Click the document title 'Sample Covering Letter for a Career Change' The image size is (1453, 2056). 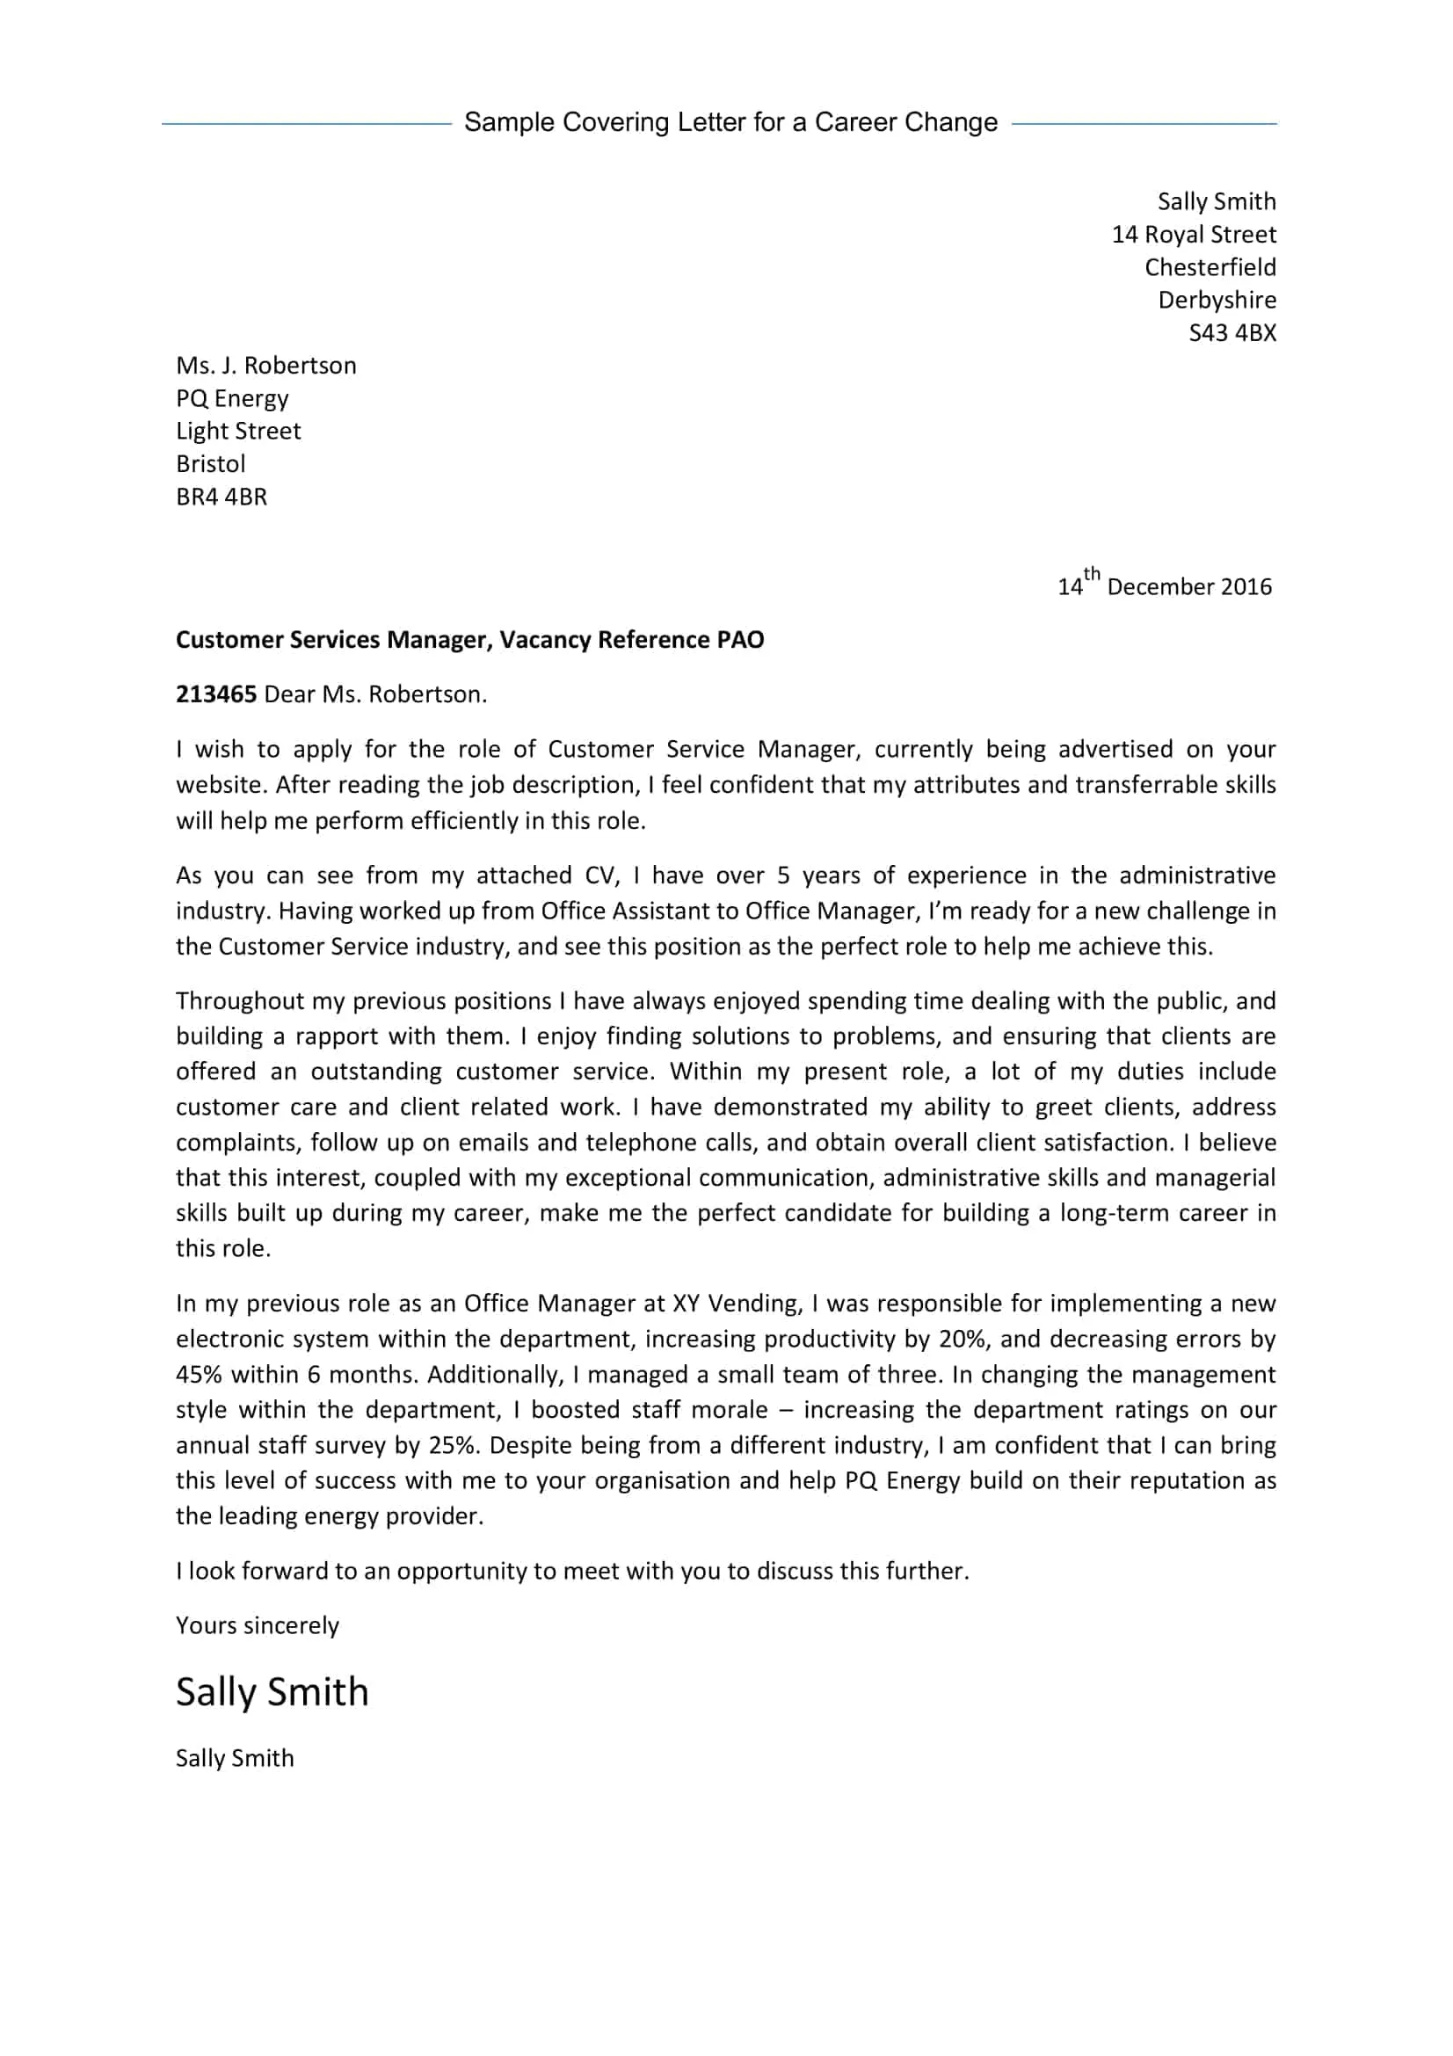coord(730,123)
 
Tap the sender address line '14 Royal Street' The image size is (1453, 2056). coord(1194,235)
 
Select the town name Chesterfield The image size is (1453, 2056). coord(1210,268)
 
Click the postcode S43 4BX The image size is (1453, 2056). coord(1231,333)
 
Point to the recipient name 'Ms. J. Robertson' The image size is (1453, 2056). coord(265,366)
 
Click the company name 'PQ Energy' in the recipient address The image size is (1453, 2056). coord(232,398)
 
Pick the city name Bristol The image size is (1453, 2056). coord(210,464)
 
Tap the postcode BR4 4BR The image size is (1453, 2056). coord(222,497)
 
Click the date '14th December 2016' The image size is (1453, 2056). coord(1164,585)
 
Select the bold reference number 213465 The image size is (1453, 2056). coord(215,694)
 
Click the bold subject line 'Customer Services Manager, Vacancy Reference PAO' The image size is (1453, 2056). coord(469,639)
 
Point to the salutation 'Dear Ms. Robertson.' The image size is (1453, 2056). coord(375,695)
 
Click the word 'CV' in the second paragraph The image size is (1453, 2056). coord(601,875)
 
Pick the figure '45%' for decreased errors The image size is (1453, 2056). coord(198,1375)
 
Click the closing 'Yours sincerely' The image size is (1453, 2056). coord(257,1625)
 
